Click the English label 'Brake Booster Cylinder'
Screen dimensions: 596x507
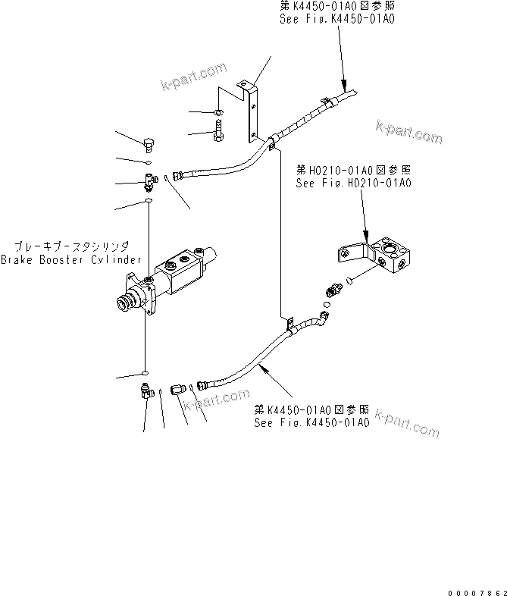(x=70, y=259)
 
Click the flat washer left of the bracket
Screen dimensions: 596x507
(x=218, y=114)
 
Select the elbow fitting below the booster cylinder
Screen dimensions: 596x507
(x=146, y=391)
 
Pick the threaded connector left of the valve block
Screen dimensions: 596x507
(x=334, y=290)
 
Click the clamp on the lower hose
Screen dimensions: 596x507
(x=289, y=323)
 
